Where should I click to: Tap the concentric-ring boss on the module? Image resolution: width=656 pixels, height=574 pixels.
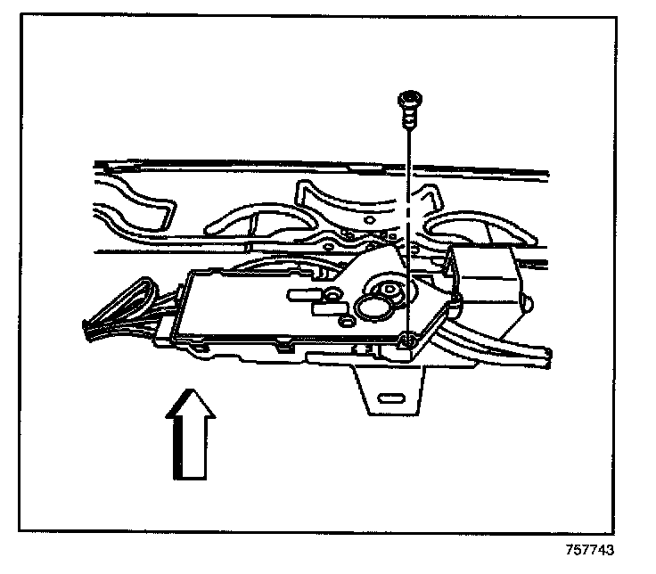(387, 291)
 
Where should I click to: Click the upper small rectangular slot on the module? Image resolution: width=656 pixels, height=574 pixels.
(299, 291)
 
